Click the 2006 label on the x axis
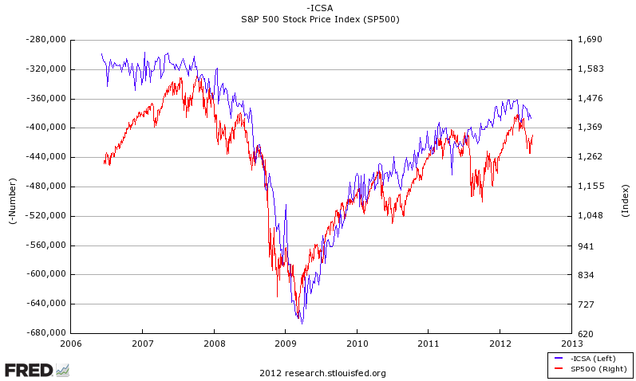click(x=71, y=344)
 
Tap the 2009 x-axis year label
click(x=285, y=344)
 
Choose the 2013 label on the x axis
click(x=571, y=344)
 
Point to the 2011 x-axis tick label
click(x=428, y=344)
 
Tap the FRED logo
click(x=37, y=370)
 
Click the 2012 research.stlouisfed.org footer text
click(x=322, y=373)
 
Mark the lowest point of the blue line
click(x=302, y=323)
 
